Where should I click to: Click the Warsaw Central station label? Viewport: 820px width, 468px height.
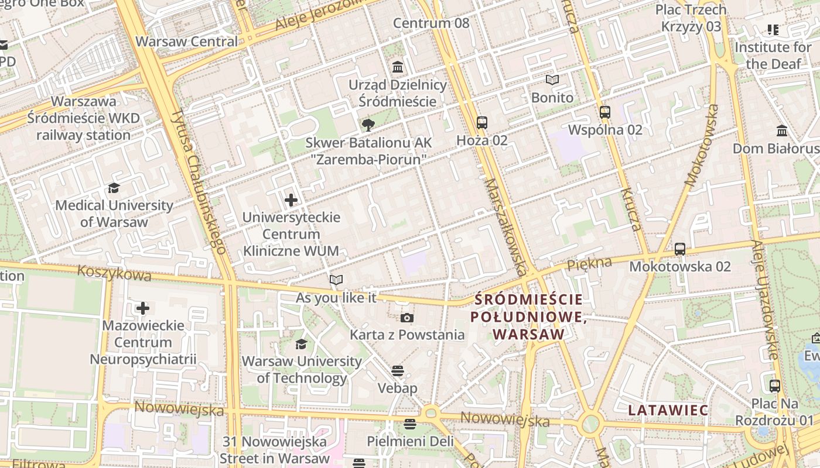187,42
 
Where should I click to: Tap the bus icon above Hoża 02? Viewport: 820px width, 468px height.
482,123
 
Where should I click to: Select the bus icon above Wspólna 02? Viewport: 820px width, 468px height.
605,112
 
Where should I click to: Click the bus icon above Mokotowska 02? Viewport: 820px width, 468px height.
680,249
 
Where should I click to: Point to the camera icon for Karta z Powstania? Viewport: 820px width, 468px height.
407,318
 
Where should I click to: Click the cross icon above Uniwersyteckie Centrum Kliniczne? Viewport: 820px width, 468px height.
291,201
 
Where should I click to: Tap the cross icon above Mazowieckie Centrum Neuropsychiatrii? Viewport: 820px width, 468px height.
143,308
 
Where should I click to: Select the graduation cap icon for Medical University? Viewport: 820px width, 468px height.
114,188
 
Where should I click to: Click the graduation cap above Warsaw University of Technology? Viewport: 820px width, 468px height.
301,344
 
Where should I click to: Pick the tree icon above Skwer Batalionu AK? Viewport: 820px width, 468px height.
368,125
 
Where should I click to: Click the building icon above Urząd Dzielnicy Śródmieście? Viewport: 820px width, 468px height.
398,67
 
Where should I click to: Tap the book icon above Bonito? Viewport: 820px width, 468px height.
552,80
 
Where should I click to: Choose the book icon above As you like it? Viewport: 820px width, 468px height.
336,280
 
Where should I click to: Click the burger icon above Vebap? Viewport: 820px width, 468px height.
398,371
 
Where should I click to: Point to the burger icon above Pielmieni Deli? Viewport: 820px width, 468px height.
409,424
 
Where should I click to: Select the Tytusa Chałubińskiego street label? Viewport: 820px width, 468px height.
199,181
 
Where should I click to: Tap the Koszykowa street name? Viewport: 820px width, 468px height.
114,273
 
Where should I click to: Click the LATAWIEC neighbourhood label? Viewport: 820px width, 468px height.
668,410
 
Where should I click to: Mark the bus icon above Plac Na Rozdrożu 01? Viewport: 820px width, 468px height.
775,386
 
